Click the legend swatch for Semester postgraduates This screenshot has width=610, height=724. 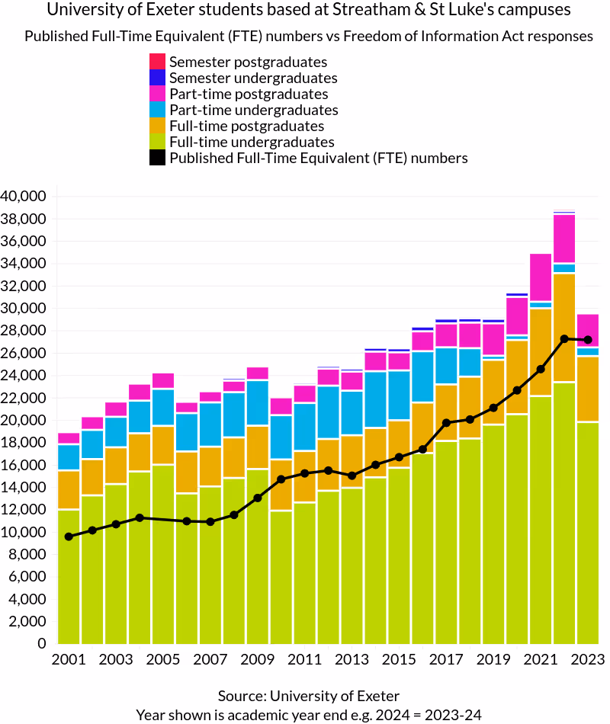[x=158, y=62]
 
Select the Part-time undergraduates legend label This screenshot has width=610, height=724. [x=253, y=110]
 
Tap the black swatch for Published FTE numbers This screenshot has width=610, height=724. [x=158, y=158]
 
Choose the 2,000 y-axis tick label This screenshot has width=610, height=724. [x=28, y=622]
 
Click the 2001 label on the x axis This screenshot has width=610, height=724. [x=69, y=659]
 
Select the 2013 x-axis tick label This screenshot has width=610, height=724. [x=352, y=659]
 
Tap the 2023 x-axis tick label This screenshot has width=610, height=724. [x=587, y=659]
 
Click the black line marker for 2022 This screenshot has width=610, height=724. [x=564, y=338]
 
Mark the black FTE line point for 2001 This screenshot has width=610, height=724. [x=69, y=537]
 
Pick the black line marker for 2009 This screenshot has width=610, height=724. [x=258, y=498]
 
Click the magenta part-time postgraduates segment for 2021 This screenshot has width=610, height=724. [x=541, y=277]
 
